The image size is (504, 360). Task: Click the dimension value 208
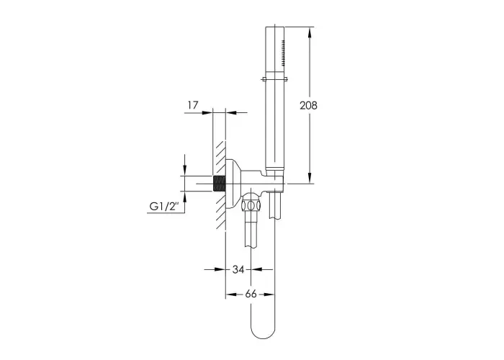[x=308, y=105]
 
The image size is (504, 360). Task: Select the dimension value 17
[x=193, y=105]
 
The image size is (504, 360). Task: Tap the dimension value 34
[x=238, y=269]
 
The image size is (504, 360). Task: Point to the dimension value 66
[x=251, y=294]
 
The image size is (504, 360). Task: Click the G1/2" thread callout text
[x=164, y=206]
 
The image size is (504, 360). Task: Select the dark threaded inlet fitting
[x=219, y=184]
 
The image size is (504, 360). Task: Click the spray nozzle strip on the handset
[x=283, y=53]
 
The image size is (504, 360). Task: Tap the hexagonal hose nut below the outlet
[x=252, y=205]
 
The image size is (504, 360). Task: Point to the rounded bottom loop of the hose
[x=263, y=332]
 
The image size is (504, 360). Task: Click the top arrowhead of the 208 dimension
[x=310, y=32]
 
